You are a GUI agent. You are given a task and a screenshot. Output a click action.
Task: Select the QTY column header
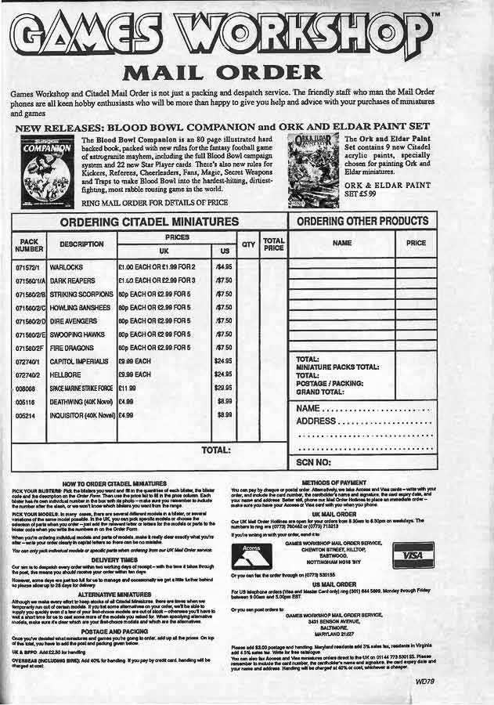coord(248,244)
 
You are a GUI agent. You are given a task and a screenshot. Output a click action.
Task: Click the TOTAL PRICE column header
coord(273,244)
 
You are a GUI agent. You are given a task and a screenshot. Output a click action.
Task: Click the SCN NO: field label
coord(315,463)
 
